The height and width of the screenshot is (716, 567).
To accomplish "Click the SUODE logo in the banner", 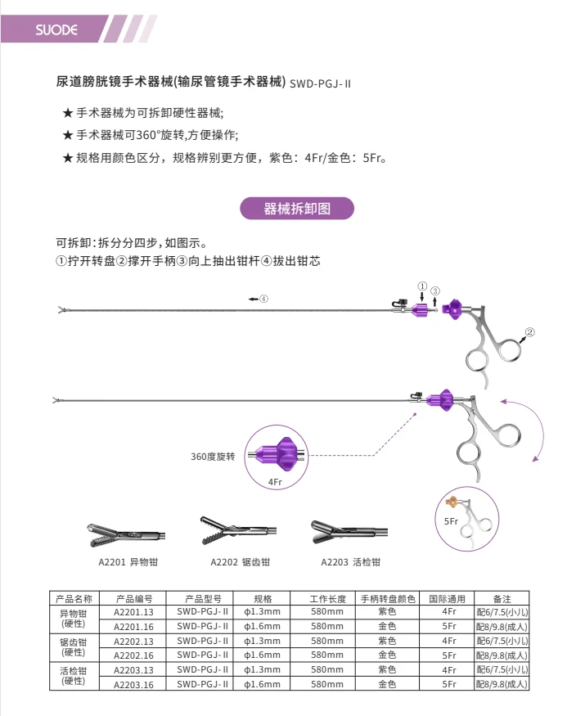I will coord(56,30).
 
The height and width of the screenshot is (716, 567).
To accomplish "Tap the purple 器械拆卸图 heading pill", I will coord(297,208).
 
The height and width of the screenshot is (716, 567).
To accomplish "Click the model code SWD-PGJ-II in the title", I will coord(321,83).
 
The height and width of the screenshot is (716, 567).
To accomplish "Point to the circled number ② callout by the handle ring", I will coord(529,332).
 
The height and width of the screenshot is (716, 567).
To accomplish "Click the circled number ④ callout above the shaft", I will coord(263,299).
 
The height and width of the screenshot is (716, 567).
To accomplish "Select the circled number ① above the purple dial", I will coord(421,286).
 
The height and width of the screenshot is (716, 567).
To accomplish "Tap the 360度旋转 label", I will coord(213,456).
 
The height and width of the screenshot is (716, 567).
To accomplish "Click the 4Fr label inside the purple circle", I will coord(275,483).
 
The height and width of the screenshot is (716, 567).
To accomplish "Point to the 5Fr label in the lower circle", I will coord(451,520).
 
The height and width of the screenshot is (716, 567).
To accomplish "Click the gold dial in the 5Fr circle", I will coord(451,501).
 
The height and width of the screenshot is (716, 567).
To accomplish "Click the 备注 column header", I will coord(502,599).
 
